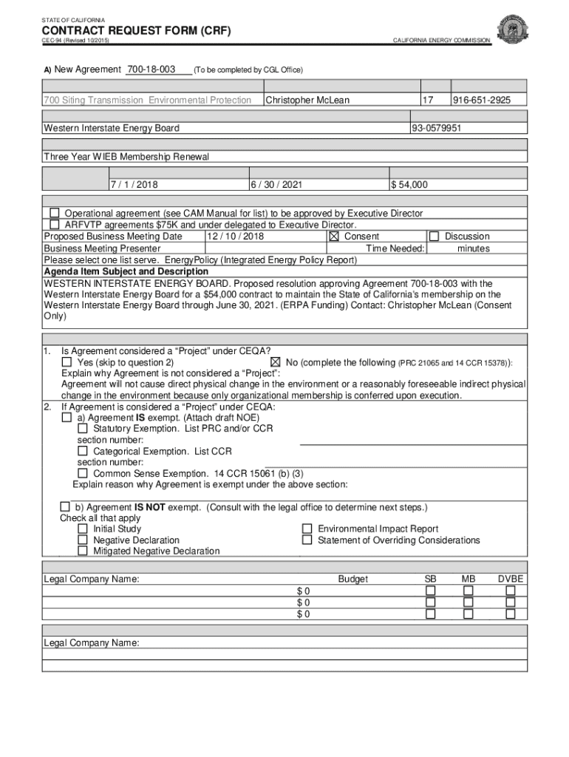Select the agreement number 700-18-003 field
(x=151, y=69)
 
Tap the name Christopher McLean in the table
(x=307, y=100)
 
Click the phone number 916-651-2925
(x=480, y=100)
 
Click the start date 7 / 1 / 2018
(x=134, y=185)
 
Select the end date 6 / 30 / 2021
(x=276, y=185)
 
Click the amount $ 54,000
(x=409, y=185)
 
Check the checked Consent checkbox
(x=333, y=237)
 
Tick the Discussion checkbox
(x=434, y=237)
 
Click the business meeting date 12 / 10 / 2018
(x=235, y=237)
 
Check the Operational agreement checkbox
(x=54, y=213)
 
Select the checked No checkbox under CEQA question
(x=275, y=362)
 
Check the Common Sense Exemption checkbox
(x=83, y=473)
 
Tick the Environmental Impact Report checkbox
(x=307, y=529)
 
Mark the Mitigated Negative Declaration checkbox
(x=83, y=551)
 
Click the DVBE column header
(x=510, y=579)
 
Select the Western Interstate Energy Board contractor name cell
(x=112, y=128)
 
